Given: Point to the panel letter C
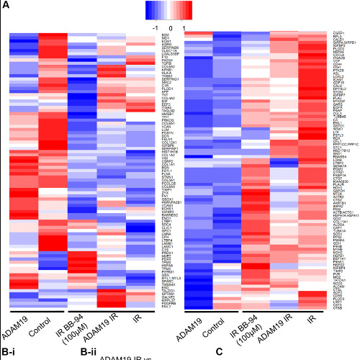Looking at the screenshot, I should click(x=220, y=352).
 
